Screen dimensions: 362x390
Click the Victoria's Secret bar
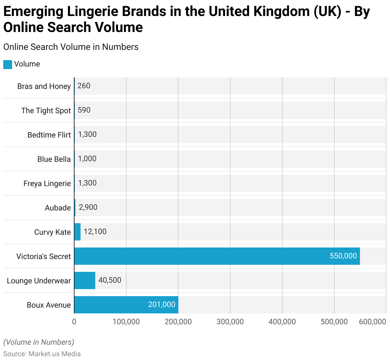[217, 256]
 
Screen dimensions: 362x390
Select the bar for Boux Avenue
[126, 305]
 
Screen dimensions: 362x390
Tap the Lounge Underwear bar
[85, 280]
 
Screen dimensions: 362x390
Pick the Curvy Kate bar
[77, 232]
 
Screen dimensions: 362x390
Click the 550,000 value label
[343, 256]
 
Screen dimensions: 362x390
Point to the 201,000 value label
[161, 304]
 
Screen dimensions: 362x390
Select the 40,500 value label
[110, 280]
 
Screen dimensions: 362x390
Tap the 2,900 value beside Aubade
[88, 207]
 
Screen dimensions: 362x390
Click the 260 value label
[84, 86]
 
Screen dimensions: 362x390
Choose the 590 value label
[84, 110]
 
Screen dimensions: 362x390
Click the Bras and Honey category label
[44, 86]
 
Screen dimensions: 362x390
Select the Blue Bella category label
[54, 159]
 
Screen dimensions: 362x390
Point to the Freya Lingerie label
[47, 184]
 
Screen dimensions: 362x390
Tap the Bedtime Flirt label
[49, 135]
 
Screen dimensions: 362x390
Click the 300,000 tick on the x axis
[230, 322]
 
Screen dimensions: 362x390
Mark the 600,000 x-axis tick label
[372, 322]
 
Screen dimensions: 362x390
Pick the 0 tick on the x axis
[74, 322]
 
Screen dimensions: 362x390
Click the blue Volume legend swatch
[8, 64]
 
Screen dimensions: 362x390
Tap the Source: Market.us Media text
[42, 354]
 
